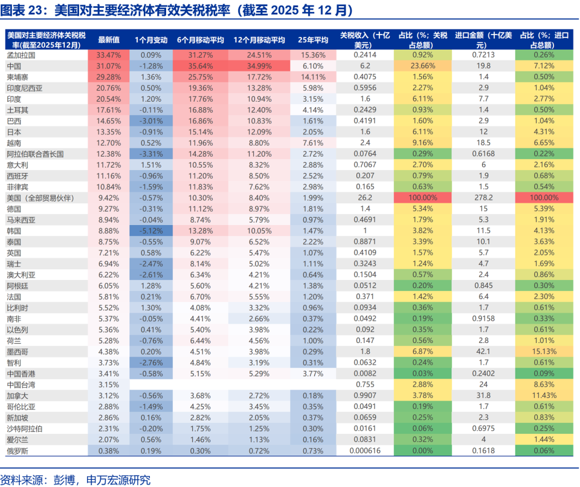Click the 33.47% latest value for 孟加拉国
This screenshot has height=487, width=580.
(109, 54)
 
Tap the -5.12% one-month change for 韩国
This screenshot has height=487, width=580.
(150, 230)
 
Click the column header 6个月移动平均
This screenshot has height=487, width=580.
(201, 40)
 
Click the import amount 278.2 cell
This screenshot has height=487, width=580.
(484, 198)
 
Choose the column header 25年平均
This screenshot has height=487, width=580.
(313, 40)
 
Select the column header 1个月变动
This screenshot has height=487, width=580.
(150, 40)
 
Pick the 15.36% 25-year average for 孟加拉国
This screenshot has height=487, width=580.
(313, 54)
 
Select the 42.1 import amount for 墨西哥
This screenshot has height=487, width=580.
(484, 351)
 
